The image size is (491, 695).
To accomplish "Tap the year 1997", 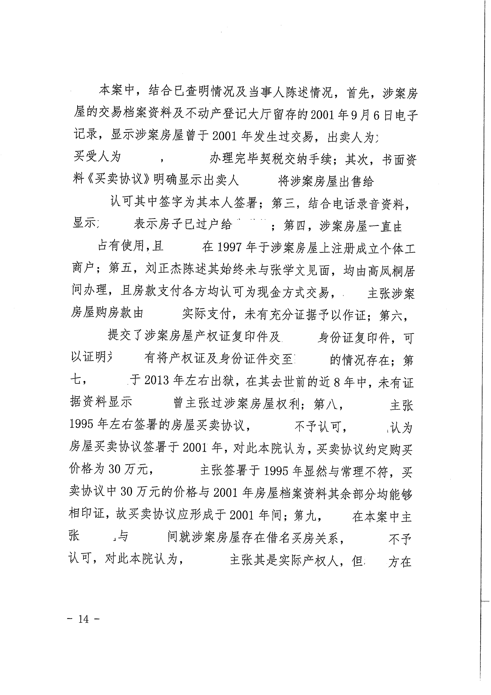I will tap(229, 248).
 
